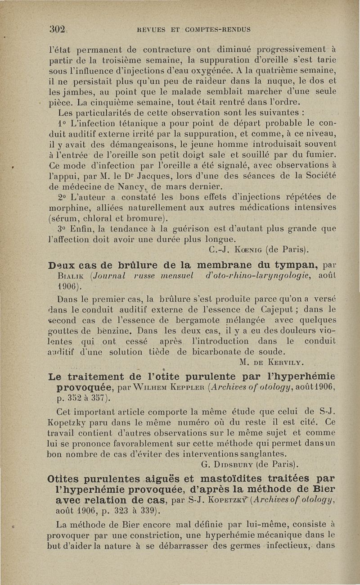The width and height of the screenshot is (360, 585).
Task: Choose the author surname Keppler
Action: point(194,386)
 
